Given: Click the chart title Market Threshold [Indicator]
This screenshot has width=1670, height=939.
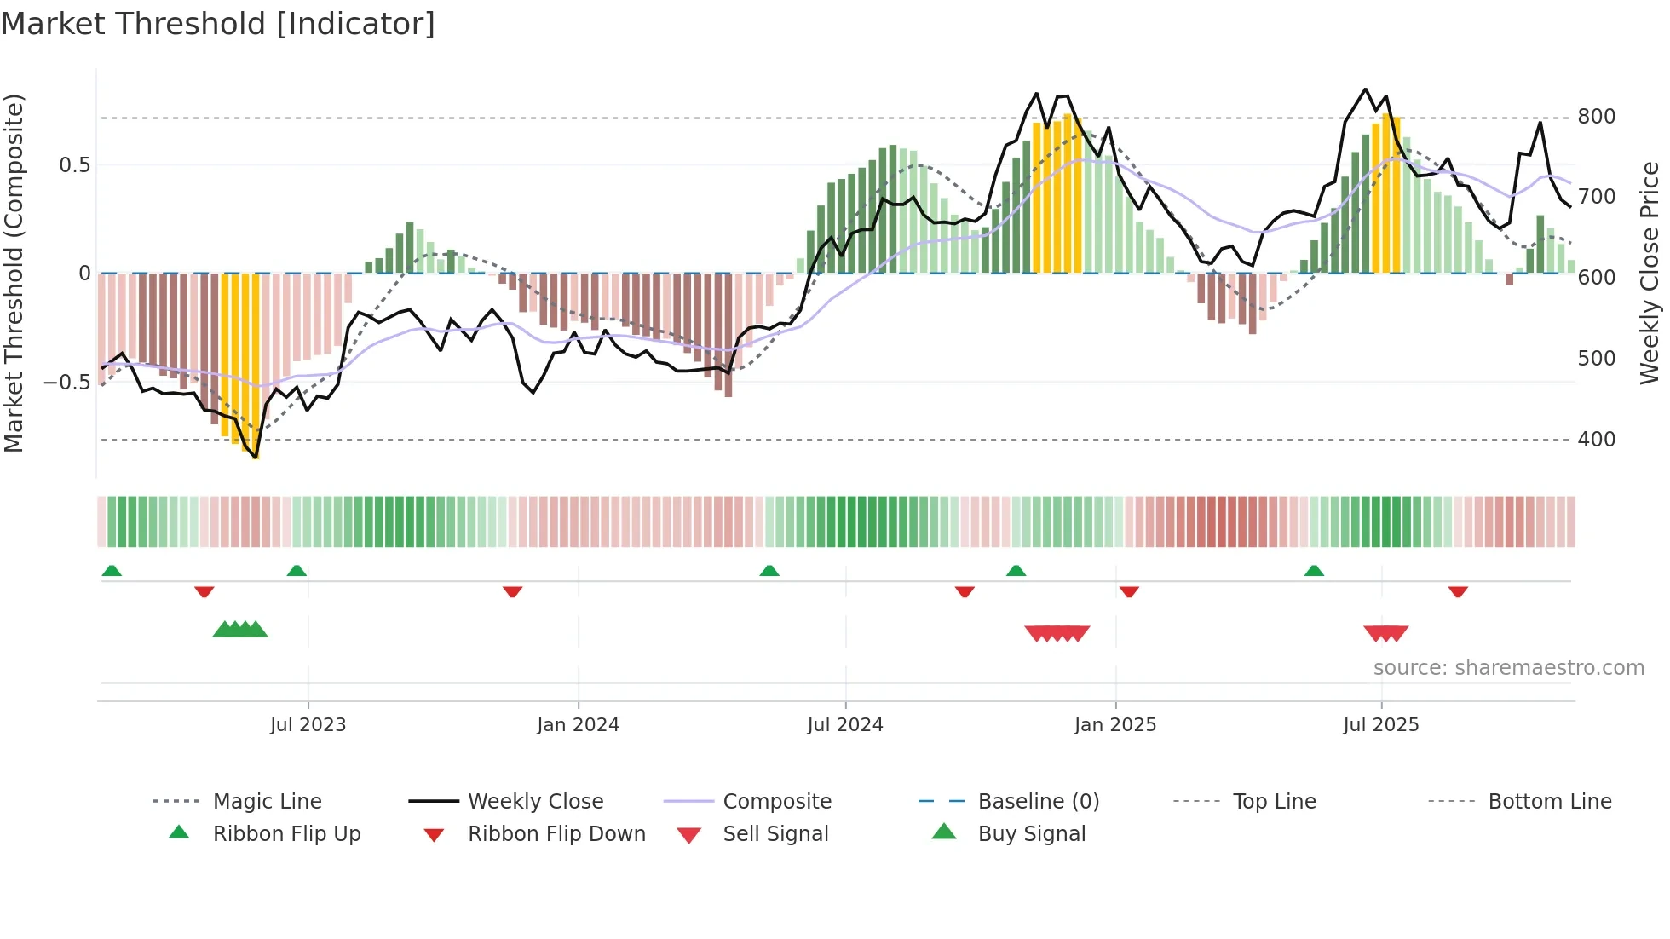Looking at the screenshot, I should [x=218, y=24].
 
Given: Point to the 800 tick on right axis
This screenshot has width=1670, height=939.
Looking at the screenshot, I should [x=1596, y=117].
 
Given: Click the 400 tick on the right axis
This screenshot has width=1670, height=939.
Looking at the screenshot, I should [x=1596, y=440].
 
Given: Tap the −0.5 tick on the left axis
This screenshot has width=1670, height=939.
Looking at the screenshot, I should [x=66, y=383].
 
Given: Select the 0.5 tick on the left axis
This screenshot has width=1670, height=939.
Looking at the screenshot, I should [x=74, y=165].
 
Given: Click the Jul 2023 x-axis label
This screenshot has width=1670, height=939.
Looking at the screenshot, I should [x=308, y=725].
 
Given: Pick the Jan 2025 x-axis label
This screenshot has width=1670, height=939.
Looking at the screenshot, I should [x=1114, y=725].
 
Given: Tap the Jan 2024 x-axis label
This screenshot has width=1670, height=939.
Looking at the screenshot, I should [x=578, y=725].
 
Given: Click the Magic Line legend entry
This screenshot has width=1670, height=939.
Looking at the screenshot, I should [x=267, y=802].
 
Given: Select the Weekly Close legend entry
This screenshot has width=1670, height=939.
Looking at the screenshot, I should [x=535, y=802].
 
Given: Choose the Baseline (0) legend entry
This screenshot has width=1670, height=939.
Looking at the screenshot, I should [x=1038, y=802].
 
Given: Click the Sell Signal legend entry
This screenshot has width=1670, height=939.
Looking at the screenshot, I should [x=775, y=834].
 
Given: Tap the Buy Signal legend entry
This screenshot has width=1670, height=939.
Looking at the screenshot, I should [x=1031, y=834].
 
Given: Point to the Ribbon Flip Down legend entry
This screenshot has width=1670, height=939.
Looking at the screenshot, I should [x=556, y=834].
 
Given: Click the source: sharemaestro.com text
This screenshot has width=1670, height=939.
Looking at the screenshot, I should [x=1508, y=668].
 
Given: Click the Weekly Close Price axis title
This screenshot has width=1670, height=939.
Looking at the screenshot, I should [x=1650, y=273].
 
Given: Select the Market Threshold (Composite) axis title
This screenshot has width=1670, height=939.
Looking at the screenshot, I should [x=14, y=273].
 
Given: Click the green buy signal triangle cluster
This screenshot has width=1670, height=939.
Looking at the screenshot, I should [x=240, y=630].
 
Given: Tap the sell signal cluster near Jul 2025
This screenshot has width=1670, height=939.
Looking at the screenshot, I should [x=1385, y=633].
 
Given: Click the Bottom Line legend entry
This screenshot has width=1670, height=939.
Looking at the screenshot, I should [x=1549, y=802].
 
